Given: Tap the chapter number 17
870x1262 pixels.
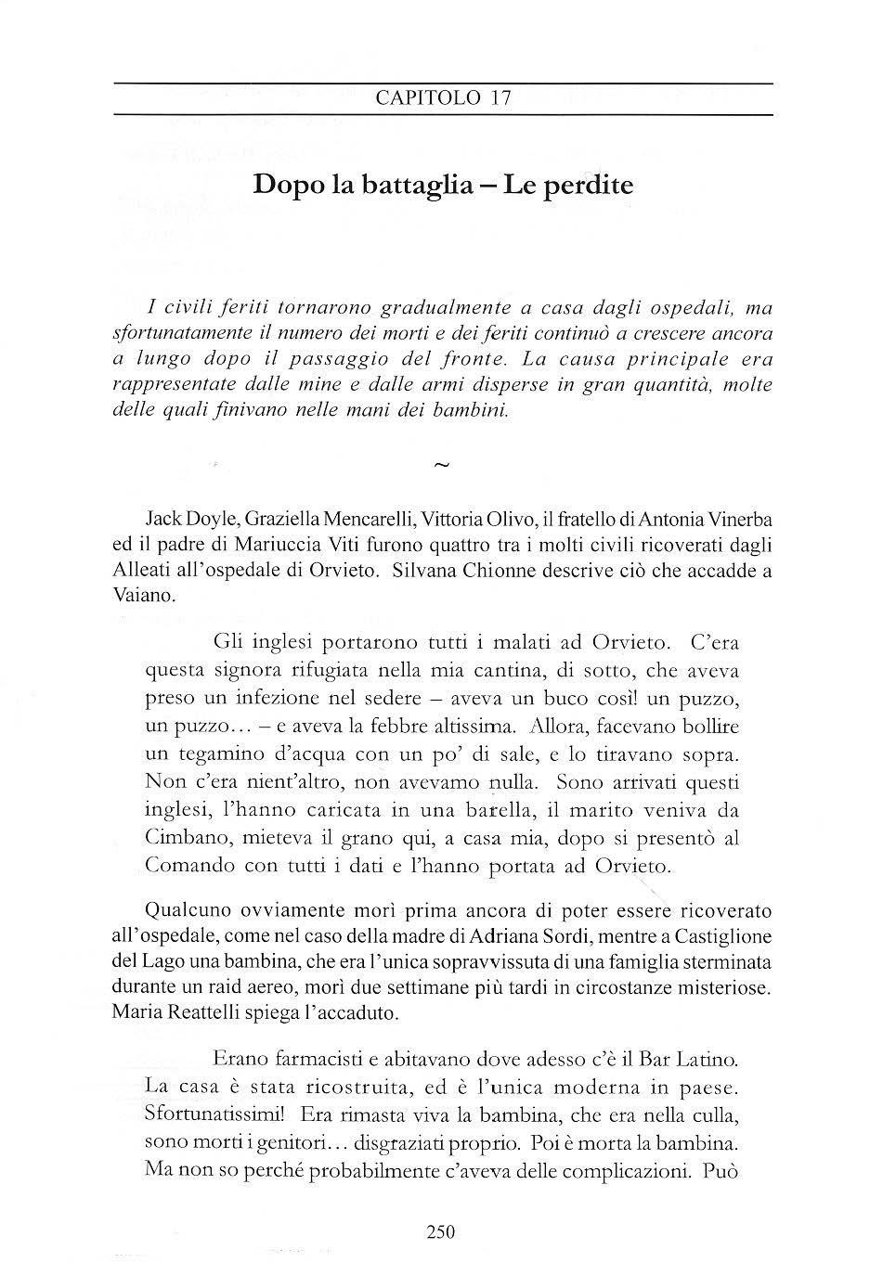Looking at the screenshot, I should [x=500, y=99].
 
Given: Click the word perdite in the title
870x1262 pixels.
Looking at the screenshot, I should [x=591, y=185].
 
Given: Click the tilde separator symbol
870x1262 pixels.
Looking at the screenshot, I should [x=441, y=466].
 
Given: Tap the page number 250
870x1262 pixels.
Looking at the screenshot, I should [x=441, y=1232].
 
